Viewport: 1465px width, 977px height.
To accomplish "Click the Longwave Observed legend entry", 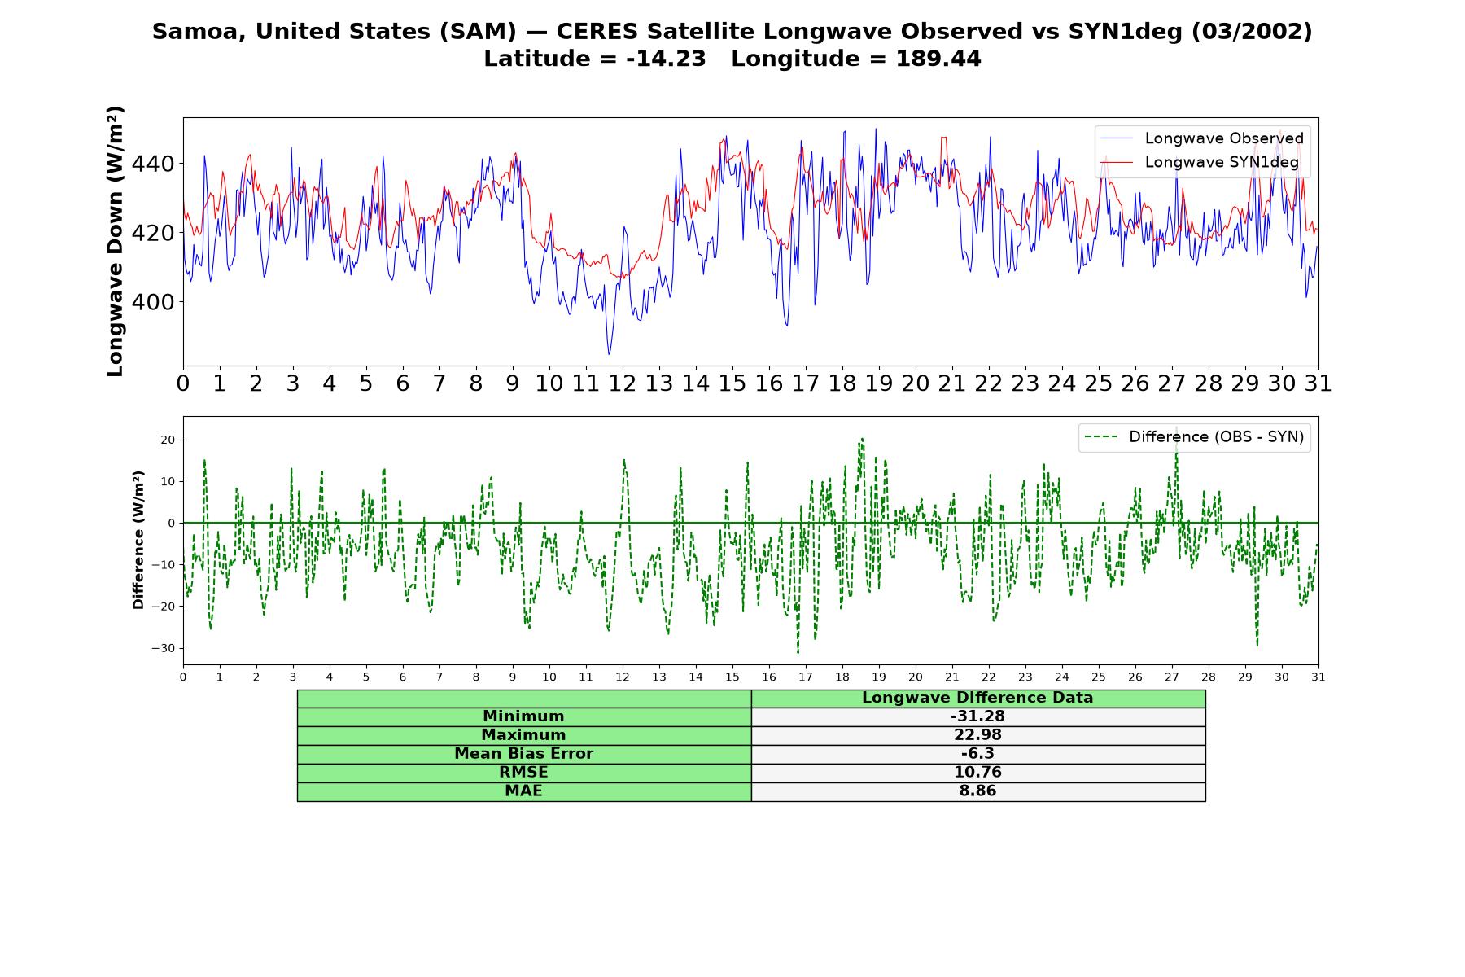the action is click(x=1201, y=138).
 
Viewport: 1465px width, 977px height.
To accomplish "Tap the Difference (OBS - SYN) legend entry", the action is click(x=1195, y=437).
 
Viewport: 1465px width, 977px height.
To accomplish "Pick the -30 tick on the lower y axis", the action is click(x=164, y=648).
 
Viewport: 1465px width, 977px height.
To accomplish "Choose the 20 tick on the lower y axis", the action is click(x=168, y=440).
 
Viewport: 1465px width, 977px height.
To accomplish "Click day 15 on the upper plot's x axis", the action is click(x=732, y=383).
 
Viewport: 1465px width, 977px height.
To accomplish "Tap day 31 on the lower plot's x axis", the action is click(x=1318, y=677).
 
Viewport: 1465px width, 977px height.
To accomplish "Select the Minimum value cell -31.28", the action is click(x=977, y=716).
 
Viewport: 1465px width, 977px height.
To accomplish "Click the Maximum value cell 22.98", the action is click(x=977, y=735).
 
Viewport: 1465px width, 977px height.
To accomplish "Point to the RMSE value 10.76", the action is click(x=977, y=773).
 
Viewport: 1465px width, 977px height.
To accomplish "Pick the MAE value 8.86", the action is click(x=977, y=791).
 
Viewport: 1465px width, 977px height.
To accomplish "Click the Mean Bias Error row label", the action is click(x=523, y=754).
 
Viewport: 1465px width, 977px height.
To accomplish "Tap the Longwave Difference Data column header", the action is click(x=977, y=698).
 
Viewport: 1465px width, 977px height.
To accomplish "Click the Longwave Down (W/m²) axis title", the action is click(x=116, y=241).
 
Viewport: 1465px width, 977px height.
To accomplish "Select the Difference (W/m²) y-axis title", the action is click(x=138, y=540).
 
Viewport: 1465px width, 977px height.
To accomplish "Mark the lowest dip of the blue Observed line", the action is click(x=609, y=354).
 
